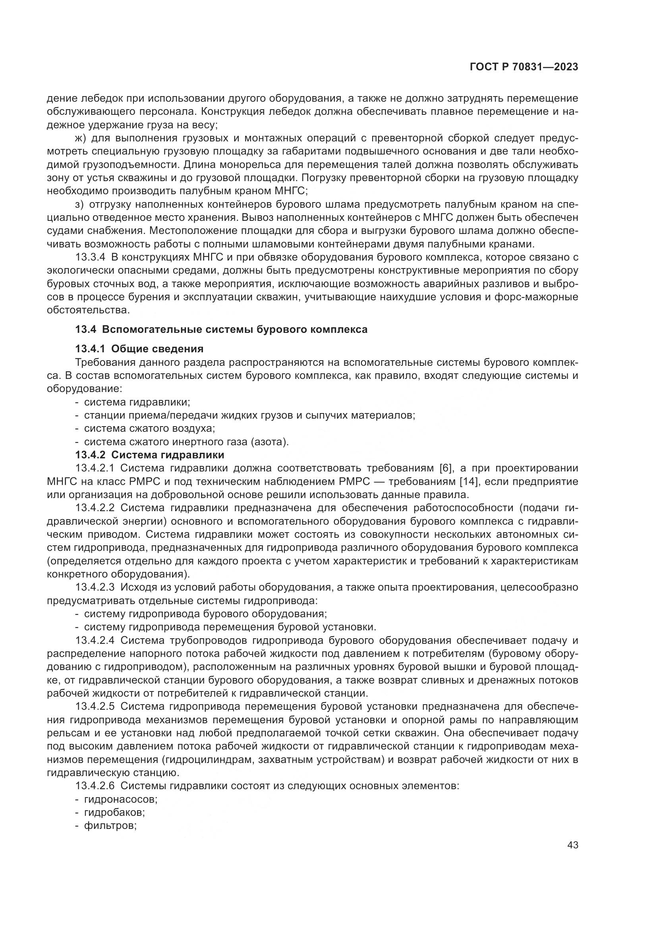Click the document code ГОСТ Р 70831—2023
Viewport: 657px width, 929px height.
pyautogui.click(x=524, y=67)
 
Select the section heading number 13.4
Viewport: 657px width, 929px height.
pyautogui.click(x=85, y=329)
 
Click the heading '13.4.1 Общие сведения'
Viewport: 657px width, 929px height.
pyautogui.click(x=139, y=349)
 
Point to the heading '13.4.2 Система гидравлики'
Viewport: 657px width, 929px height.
pyautogui.click(x=150, y=455)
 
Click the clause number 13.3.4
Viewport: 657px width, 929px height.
pyautogui.click(x=91, y=257)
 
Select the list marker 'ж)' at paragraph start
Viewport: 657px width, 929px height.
pyautogui.click(x=81, y=138)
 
